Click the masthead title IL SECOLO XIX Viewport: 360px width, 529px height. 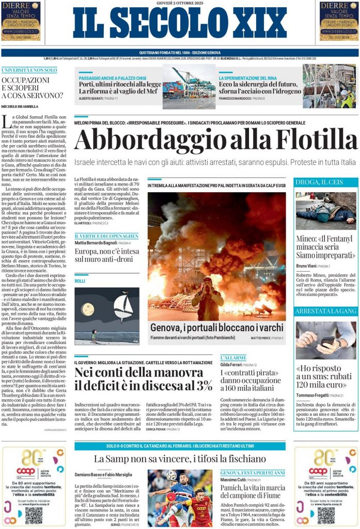pos(179,23)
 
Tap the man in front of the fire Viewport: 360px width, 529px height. pos(208,300)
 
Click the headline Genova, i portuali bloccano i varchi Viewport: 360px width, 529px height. pos(216,328)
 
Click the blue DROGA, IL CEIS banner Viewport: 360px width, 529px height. pos(325,182)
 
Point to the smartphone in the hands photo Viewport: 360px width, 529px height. pos(327,341)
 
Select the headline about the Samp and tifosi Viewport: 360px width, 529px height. pos(180,458)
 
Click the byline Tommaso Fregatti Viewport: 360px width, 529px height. pos(313,395)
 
